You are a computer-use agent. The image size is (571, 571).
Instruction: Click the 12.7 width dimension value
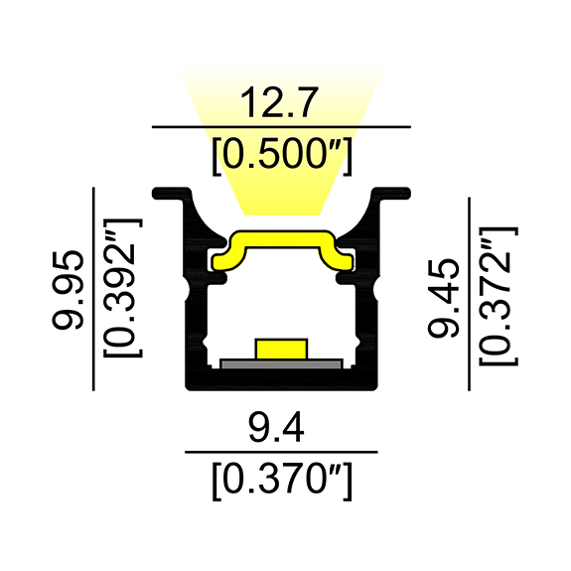(282, 102)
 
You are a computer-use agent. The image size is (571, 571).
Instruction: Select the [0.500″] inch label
(282, 154)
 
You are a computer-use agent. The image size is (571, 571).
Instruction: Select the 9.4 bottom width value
(282, 428)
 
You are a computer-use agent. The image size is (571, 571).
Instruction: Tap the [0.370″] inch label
(282, 483)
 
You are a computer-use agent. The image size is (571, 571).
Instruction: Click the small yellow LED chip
(282, 349)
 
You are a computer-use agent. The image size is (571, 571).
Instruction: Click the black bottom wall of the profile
(282, 379)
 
